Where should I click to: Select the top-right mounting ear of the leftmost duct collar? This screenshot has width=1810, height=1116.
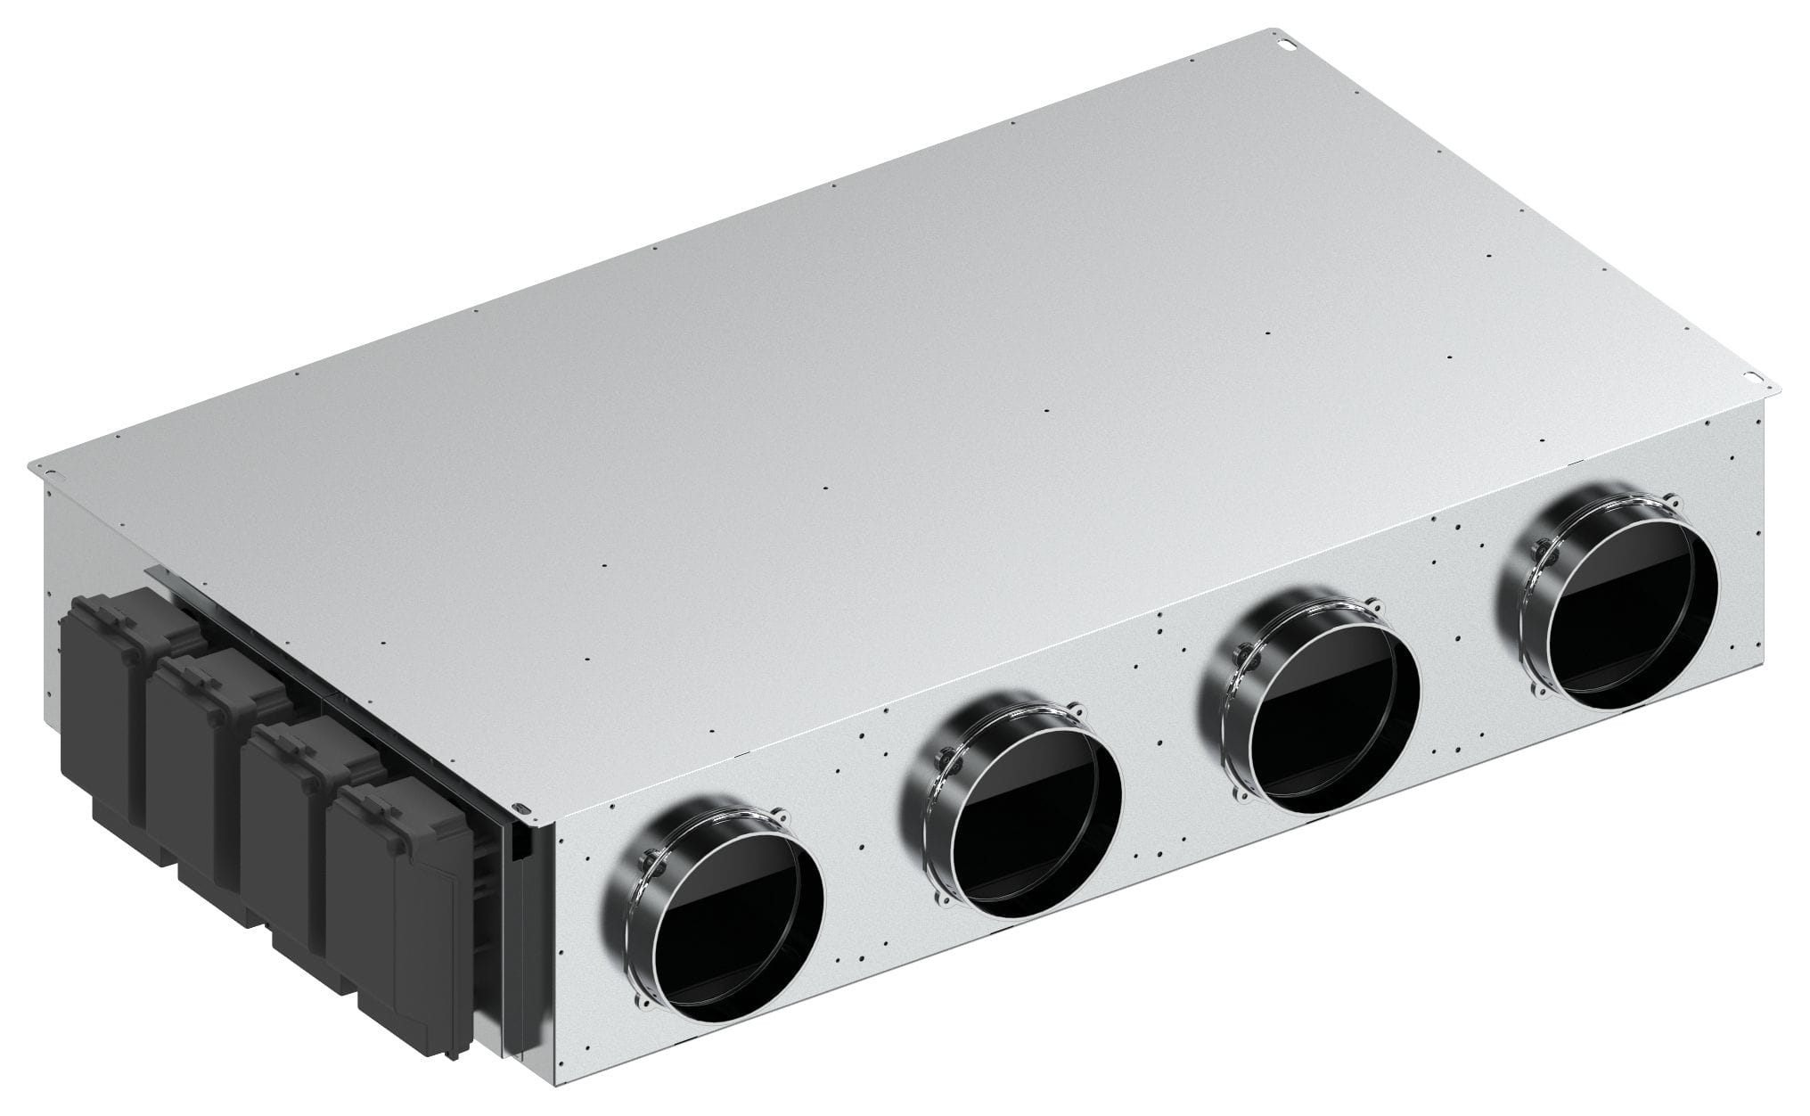tap(782, 816)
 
